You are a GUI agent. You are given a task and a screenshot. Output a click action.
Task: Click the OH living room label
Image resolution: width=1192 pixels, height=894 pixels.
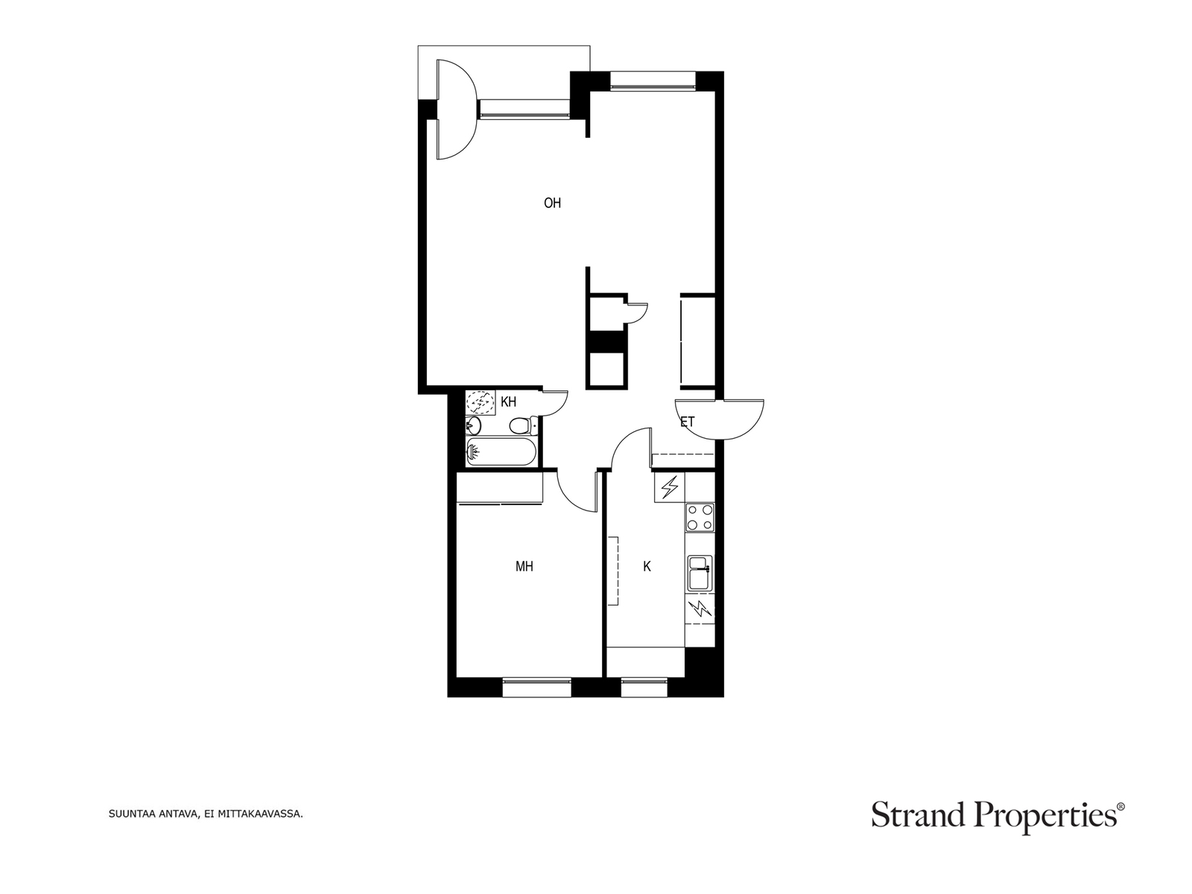552,203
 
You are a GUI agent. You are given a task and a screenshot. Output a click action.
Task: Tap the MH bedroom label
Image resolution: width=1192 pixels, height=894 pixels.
524,567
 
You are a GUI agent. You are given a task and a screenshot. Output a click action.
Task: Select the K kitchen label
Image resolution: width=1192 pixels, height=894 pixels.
647,567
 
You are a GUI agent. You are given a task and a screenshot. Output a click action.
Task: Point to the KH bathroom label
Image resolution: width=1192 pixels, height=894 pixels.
508,402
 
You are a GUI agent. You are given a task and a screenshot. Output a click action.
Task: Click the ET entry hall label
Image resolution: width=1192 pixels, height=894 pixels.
688,422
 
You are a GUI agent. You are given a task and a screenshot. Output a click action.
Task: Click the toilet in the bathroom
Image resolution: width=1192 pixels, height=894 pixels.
524,425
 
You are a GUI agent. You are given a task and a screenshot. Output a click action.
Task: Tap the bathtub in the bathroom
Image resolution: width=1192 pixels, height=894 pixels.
501,451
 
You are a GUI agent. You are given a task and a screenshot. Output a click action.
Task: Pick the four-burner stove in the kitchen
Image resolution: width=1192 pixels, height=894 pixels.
700,517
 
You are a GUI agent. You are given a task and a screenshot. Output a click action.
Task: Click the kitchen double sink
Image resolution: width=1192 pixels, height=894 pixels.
700,573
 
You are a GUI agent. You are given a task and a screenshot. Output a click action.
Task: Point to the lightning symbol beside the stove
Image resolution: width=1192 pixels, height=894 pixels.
670,487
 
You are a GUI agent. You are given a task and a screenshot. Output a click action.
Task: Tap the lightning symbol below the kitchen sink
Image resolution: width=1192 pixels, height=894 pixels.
700,609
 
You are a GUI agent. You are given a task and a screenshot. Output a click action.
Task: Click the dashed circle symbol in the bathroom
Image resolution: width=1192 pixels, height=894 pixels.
480,403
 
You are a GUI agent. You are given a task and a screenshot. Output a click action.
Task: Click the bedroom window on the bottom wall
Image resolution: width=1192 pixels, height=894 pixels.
536,687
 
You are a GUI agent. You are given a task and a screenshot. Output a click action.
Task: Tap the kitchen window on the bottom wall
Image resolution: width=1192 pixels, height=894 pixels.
644,687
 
